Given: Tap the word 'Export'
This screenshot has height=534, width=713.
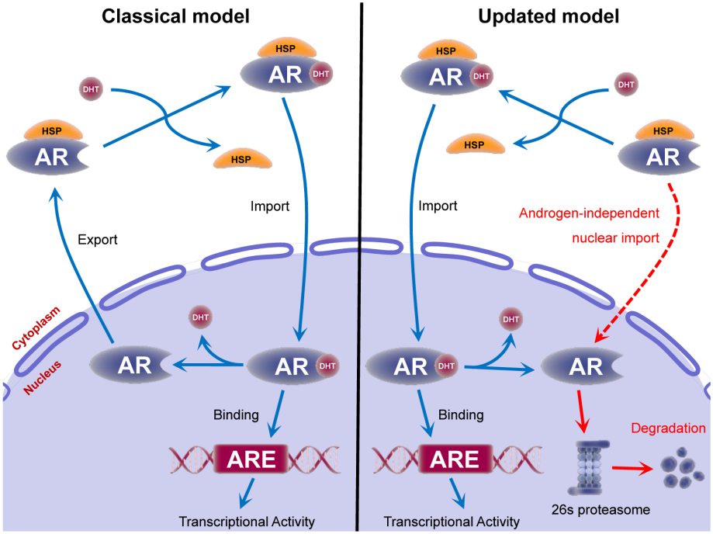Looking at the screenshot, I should pyautogui.click(x=97, y=240).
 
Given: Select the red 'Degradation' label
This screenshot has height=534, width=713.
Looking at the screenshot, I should pyautogui.click(x=668, y=428).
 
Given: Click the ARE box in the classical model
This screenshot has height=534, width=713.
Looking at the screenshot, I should pyautogui.click(x=256, y=459).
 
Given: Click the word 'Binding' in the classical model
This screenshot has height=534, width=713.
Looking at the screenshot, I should pyautogui.click(x=236, y=414).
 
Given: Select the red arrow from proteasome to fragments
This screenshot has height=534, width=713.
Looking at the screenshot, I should pyautogui.click(x=632, y=468).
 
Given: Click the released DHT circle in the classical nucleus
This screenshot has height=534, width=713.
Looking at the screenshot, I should pyautogui.click(x=200, y=317).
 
